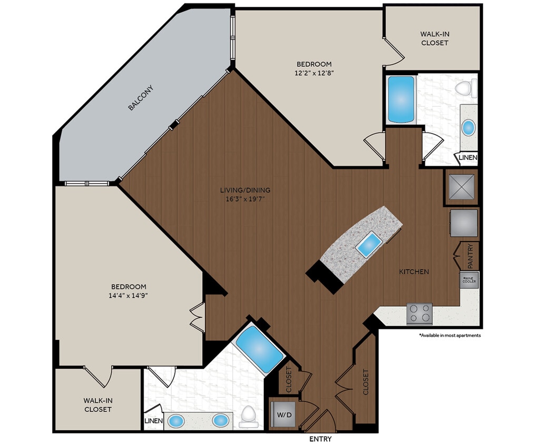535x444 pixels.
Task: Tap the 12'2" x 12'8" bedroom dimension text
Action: (x=313, y=74)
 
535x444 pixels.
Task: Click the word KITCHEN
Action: (x=413, y=272)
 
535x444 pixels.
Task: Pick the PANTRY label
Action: (x=470, y=255)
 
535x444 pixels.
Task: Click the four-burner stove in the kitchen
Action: (x=419, y=314)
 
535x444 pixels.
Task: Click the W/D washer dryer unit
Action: (x=283, y=415)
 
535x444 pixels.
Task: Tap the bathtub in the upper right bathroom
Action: (x=401, y=98)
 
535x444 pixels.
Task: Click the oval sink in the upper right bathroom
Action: (x=468, y=127)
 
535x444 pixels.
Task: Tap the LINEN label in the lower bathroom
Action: (x=153, y=421)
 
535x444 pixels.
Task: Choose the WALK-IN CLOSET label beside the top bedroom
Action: (x=434, y=38)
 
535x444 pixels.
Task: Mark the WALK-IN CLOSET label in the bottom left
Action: (x=98, y=405)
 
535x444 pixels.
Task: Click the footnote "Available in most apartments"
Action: (x=449, y=335)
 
